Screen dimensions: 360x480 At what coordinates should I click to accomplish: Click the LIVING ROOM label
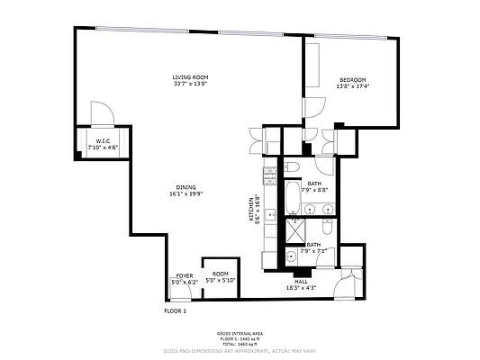click(x=190, y=77)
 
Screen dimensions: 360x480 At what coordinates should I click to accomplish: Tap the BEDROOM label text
click(x=352, y=78)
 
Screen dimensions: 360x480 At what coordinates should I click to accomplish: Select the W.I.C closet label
click(x=103, y=141)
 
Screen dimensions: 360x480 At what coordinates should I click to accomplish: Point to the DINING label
click(x=186, y=186)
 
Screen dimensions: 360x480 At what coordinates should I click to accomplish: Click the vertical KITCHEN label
click(x=251, y=210)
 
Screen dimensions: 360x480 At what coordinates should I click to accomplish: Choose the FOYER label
click(x=184, y=275)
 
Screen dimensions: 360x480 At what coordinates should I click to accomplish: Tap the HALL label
click(x=301, y=282)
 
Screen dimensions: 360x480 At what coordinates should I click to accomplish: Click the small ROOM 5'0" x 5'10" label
click(x=220, y=274)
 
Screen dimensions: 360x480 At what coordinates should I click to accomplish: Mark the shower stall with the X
click(x=292, y=233)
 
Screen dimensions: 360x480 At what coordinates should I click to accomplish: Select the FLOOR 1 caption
click(x=175, y=310)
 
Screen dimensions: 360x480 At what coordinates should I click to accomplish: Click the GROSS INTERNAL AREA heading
click(x=240, y=333)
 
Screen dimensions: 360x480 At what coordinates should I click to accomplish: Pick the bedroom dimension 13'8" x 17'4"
click(x=352, y=86)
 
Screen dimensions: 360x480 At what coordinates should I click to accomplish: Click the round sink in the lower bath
click(x=290, y=256)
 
